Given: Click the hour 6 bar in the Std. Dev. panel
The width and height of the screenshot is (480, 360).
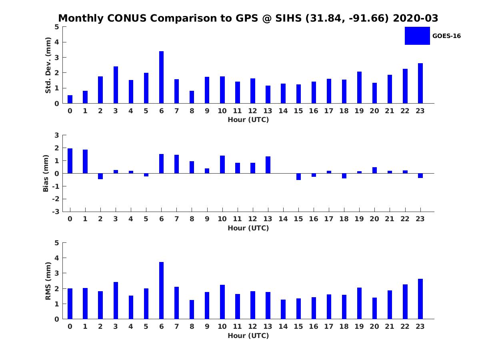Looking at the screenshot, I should click(x=161, y=78).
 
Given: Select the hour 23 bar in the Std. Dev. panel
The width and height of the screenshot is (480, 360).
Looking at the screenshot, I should click(x=420, y=83).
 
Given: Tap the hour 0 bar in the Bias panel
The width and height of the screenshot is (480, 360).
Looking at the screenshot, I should click(x=70, y=161).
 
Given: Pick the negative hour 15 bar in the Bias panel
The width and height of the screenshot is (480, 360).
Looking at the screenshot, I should click(x=298, y=176).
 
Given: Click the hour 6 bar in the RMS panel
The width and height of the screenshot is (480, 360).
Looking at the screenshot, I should click(x=161, y=290).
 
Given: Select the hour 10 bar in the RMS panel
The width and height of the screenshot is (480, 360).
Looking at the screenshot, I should click(x=222, y=302).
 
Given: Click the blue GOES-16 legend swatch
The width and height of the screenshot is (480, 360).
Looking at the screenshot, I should click(x=417, y=36).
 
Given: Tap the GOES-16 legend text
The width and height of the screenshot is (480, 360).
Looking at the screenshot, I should click(x=446, y=36).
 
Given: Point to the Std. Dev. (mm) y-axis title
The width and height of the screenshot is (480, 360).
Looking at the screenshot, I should click(x=48, y=65).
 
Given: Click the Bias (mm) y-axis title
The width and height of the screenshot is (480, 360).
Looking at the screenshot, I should click(x=46, y=174).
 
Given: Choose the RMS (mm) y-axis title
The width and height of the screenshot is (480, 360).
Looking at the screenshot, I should click(x=48, y=281).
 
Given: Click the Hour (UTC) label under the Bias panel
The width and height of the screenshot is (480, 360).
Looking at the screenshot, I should click(x=248, y=228).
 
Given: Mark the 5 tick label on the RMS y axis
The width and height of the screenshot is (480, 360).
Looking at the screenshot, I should click(x=57, y=243).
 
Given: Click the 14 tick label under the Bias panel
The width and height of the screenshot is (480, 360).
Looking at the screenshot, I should click(x=283, y=219).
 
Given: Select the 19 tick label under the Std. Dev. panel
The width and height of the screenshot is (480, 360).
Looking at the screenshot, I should click(x=359, y=111).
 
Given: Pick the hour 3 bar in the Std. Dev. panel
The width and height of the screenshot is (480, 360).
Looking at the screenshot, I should click(x=116, y=85).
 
